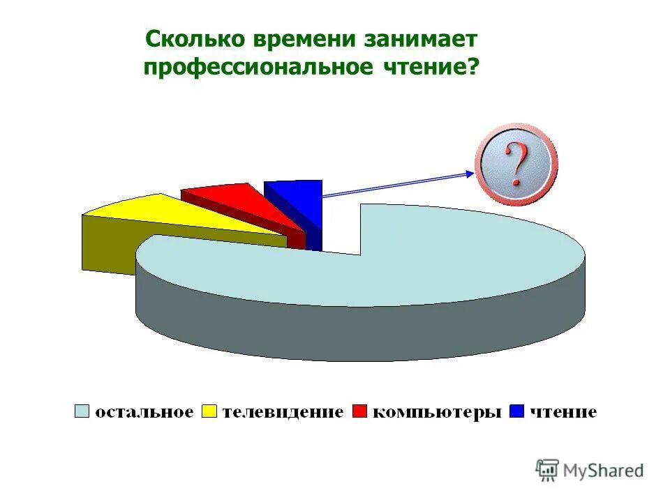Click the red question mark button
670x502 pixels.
(x=516, y=165)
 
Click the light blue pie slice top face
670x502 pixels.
(x=419, y=258)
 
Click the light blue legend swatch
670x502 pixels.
(x=82, y=411)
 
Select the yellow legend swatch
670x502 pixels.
(x=209, y=411)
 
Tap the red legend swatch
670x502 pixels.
(x=360, y=411)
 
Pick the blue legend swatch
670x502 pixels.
(x=517, y=411)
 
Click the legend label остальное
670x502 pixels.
(x=144, y=412)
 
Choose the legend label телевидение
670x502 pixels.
(x=283, y=412)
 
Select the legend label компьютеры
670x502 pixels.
(x=437, y=412)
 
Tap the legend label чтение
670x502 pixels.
(x=563, y=412)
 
